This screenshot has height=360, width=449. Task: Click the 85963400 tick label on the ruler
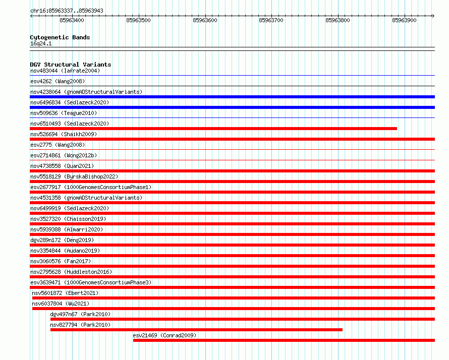[72, 20]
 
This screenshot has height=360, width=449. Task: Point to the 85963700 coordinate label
[271, 20]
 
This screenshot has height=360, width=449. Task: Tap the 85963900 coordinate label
[404, 20]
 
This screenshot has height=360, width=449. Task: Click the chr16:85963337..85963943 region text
[67, 11]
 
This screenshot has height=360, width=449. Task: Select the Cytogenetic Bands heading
[60, 37]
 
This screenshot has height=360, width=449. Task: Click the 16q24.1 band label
[41, 43]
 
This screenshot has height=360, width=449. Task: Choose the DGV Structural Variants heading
[71, 65]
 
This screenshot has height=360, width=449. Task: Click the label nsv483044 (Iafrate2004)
[65, 71]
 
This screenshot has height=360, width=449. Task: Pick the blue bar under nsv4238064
[232, 97]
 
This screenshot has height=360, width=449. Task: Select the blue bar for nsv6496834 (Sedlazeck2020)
[232, 107]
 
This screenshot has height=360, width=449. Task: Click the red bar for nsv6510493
[213, 129]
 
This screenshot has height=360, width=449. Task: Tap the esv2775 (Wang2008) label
[58, 145]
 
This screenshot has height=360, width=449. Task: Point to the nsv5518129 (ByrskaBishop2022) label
[74, 176]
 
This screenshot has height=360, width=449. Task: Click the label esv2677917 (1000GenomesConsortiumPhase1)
[91, 187]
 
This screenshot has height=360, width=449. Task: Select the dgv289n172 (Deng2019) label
[62, 240]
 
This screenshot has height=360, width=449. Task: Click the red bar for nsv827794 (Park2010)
[196, 330]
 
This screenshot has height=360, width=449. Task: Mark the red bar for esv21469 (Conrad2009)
[284, 340]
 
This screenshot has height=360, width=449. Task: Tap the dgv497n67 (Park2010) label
[80, 314]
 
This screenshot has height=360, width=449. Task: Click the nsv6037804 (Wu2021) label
[61, 304]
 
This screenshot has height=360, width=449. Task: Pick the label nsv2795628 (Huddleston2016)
[71, 272]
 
